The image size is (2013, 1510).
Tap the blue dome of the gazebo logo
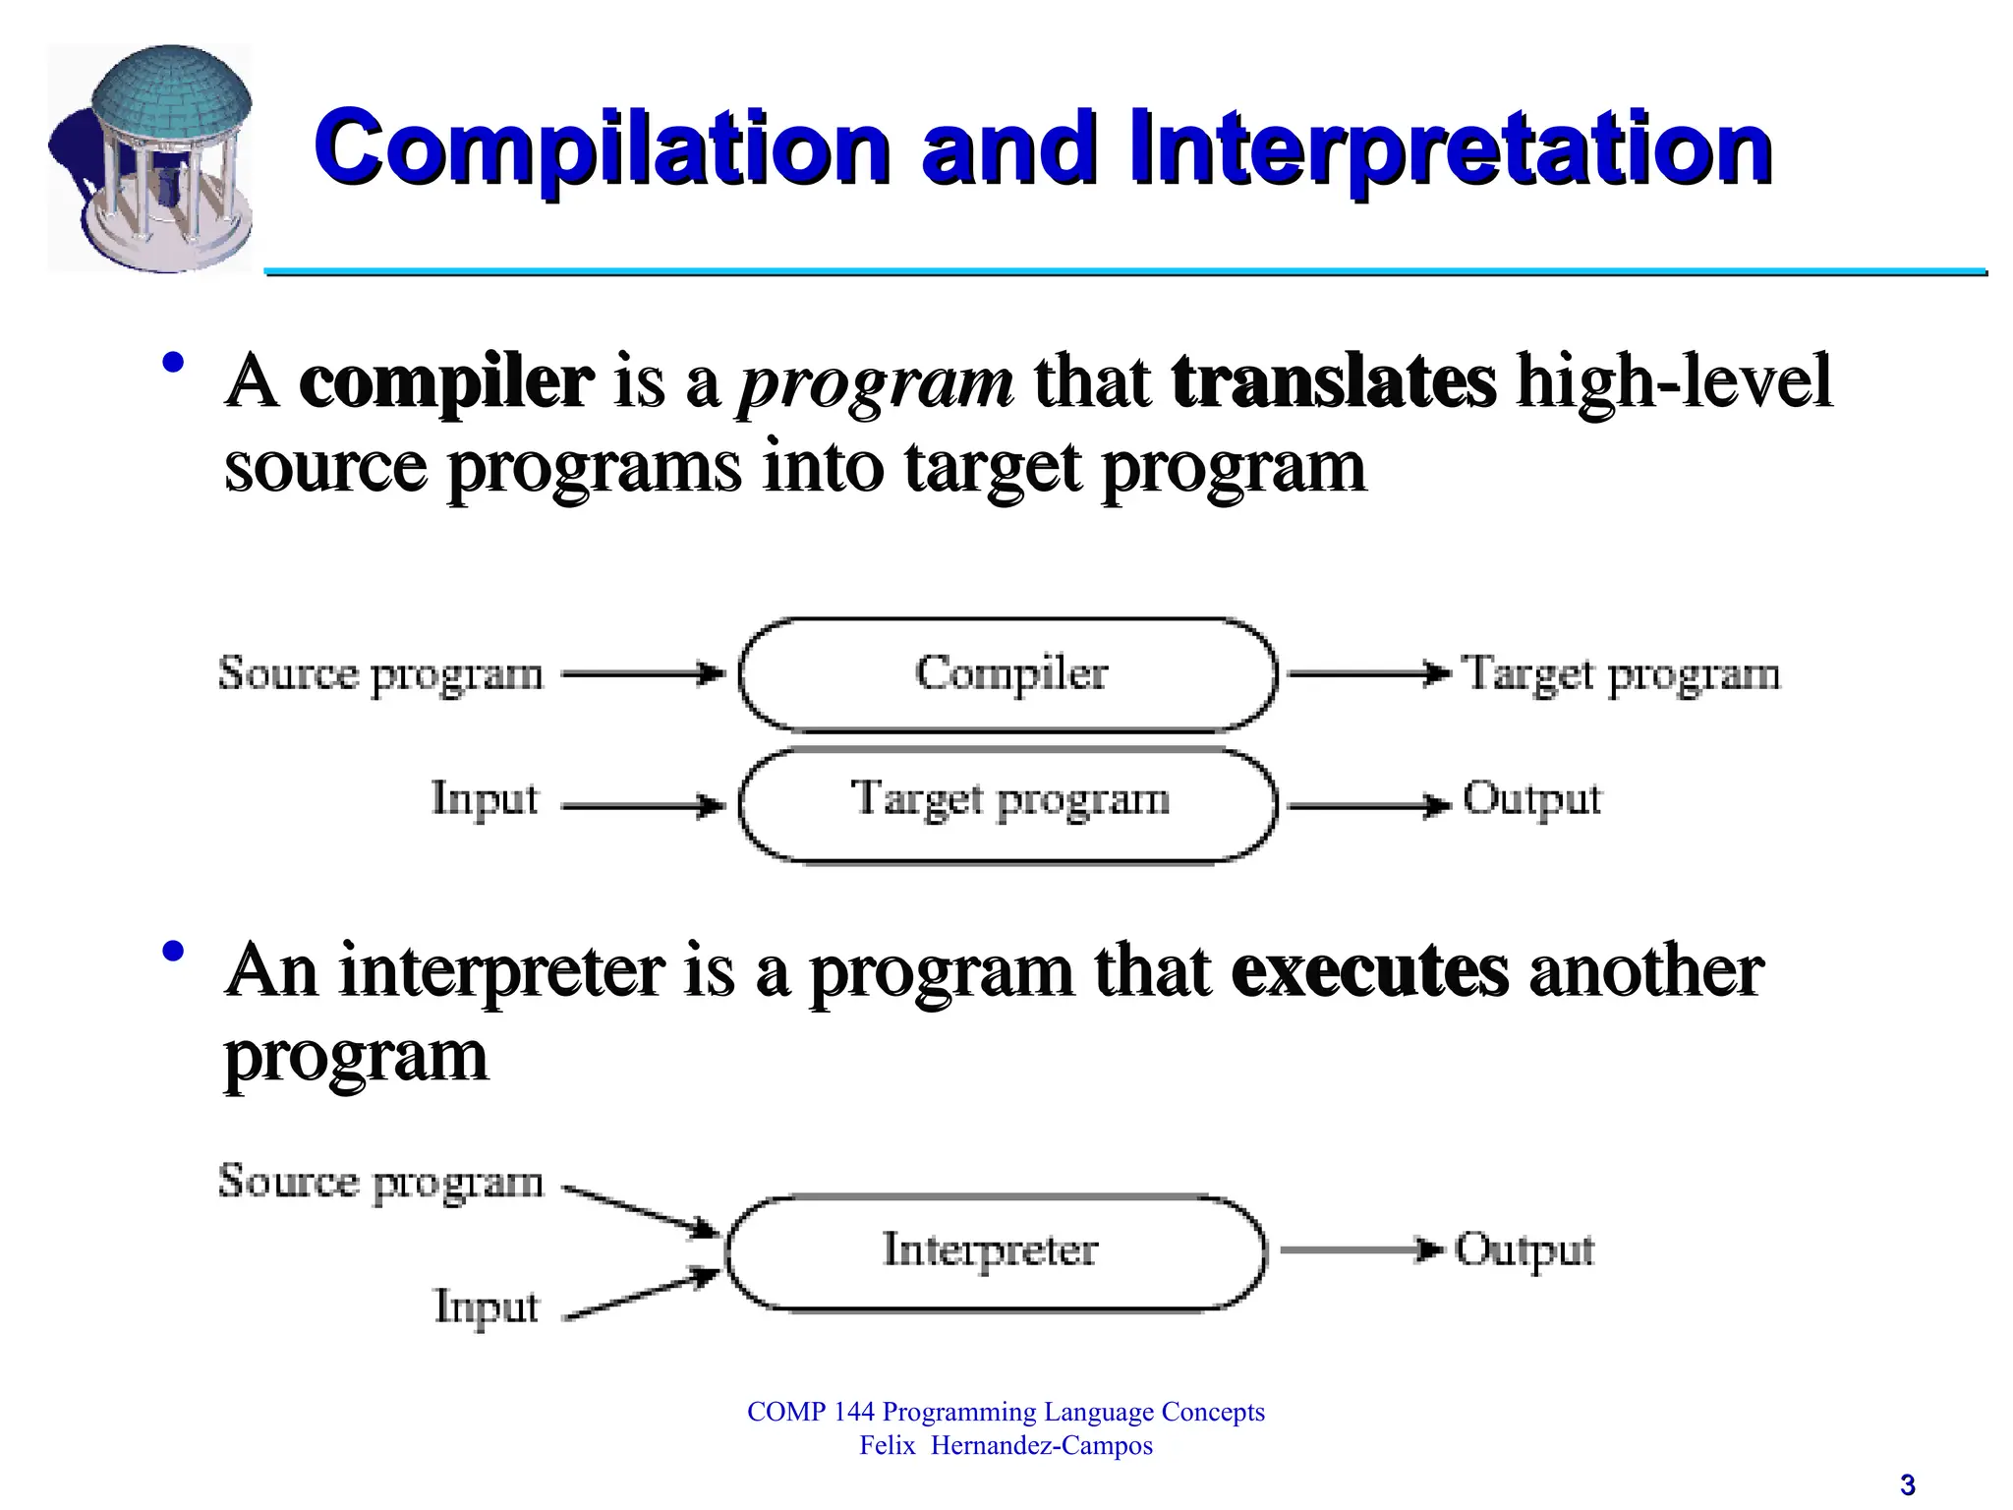173,94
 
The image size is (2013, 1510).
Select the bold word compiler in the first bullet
445,381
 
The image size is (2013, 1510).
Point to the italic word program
874,383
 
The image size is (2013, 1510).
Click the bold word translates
1333,381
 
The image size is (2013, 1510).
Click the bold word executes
1368,971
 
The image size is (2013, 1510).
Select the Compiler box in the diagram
1008,674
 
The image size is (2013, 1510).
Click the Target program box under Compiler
1008,804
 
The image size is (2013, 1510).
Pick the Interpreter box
993,1252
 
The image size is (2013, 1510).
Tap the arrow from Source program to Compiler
644,674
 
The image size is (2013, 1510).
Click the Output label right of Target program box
1531,800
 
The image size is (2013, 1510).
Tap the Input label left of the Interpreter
487,1307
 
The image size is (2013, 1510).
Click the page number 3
1907,1484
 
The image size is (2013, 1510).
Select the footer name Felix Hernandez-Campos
1006,1445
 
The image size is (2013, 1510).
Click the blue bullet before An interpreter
174,951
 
